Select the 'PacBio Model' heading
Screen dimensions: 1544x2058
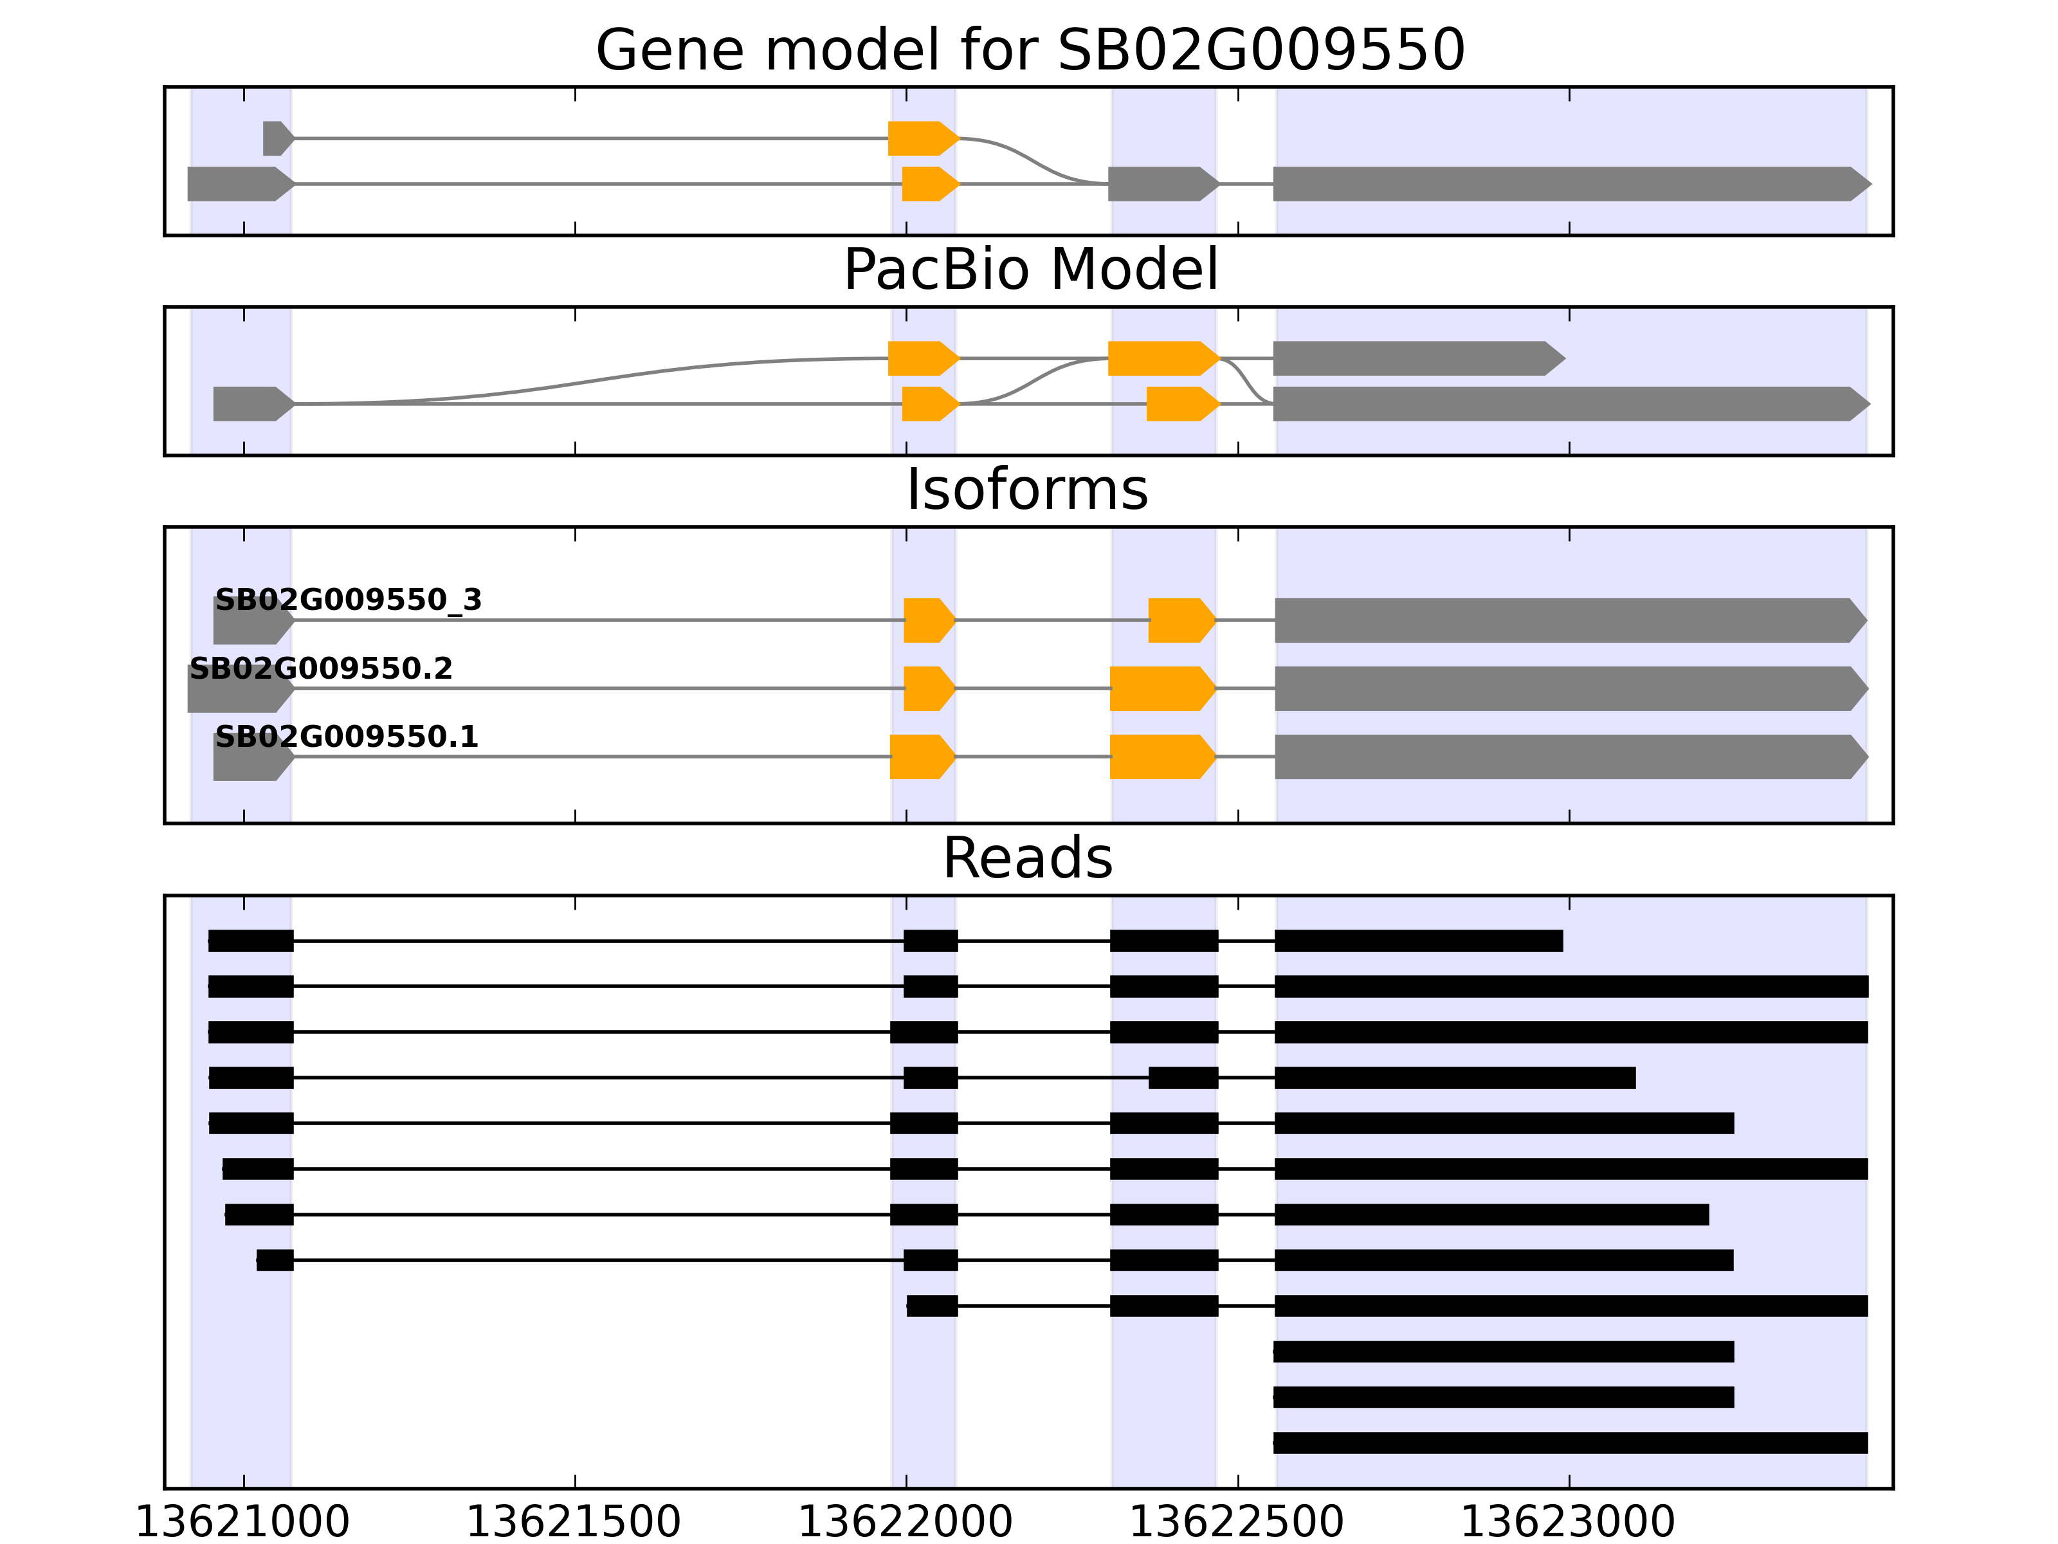click(1030, 270)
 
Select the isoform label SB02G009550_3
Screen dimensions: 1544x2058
click(348, 600)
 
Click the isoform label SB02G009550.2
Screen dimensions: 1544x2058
click(321, 669)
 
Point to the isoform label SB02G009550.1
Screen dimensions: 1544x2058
click(346, 737)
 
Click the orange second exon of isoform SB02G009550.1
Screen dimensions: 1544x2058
click(921, 757)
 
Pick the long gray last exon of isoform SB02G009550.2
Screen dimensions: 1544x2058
click(1569, 689)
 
